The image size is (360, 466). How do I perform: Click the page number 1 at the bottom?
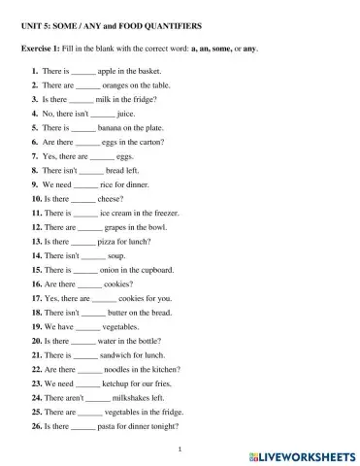click(180, 449)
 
